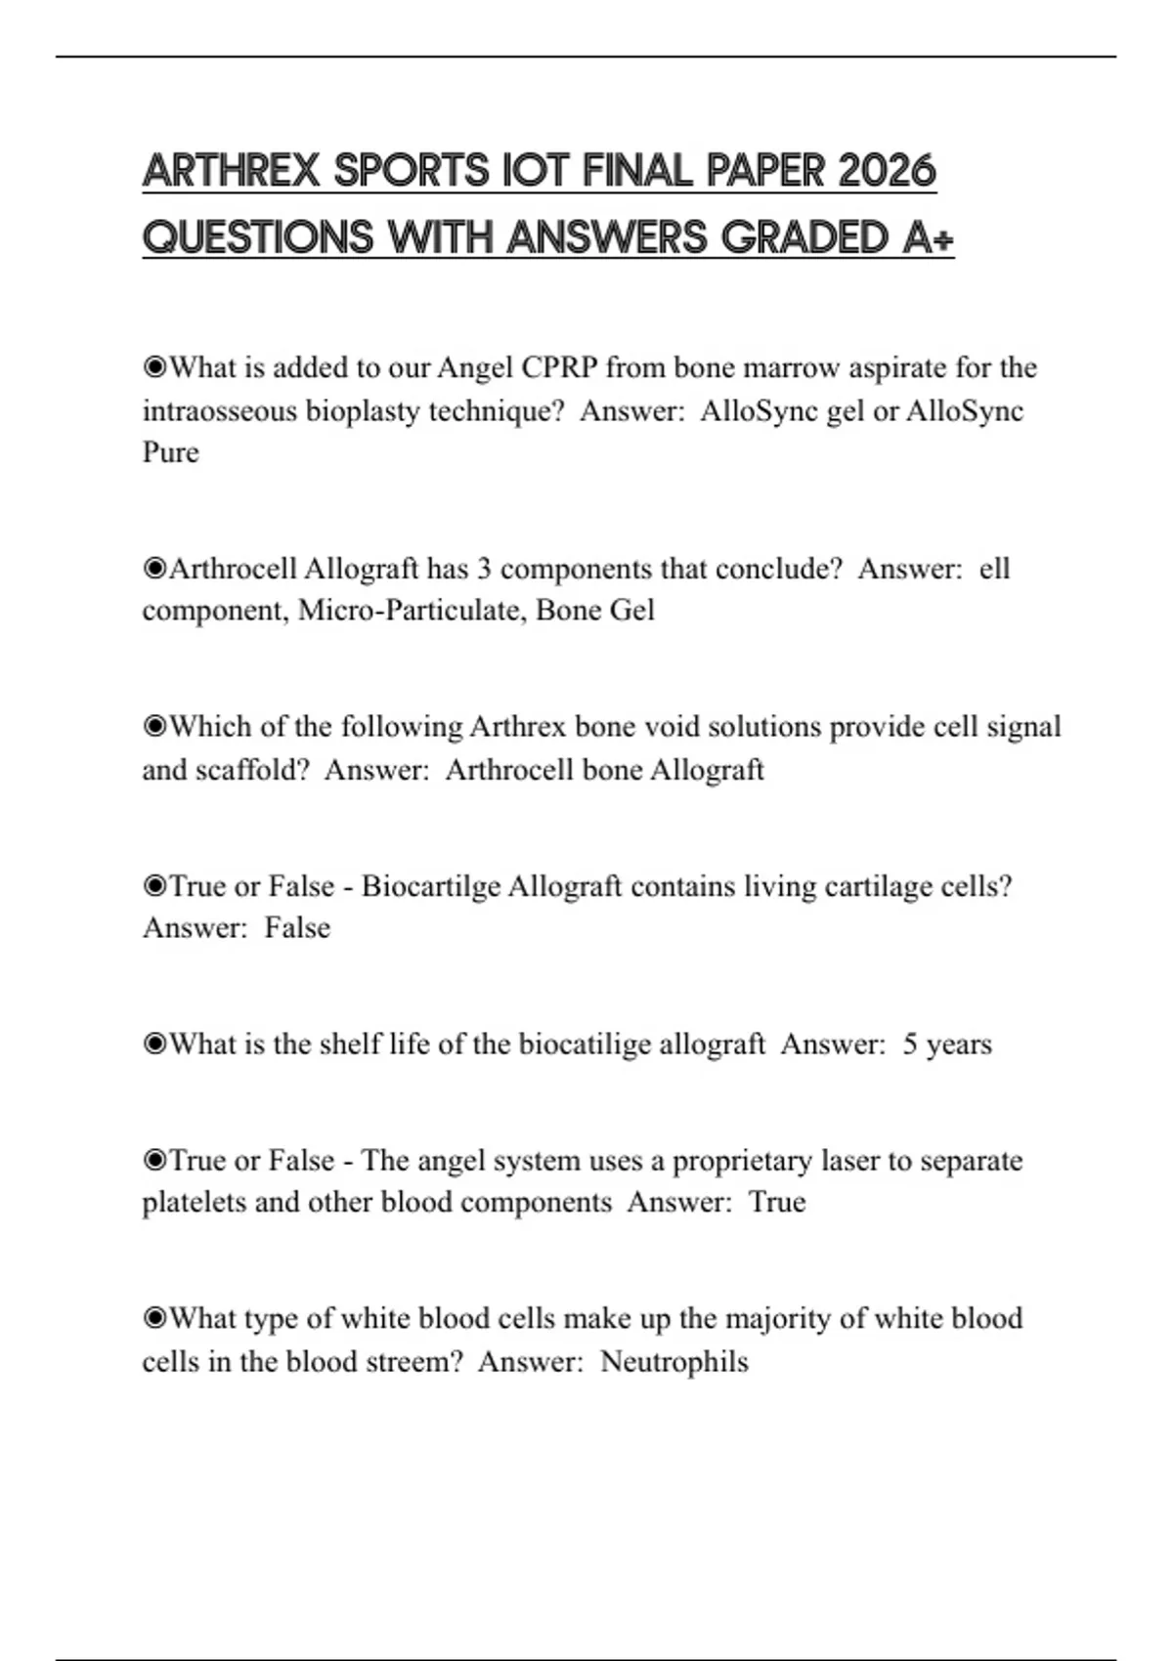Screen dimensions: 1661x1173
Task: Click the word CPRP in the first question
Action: pos(559,367)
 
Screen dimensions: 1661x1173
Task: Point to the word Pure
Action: pos(170,452)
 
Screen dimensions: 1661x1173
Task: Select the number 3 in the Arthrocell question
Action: pos(484,569)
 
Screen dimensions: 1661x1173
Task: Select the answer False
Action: pos(297,928)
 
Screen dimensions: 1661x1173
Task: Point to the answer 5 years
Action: pos(946,1044)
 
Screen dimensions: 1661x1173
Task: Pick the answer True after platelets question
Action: pos(777,1203)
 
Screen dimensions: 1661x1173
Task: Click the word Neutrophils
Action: pos(673,1362)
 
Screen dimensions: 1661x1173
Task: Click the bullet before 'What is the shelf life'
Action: pos(154,1044)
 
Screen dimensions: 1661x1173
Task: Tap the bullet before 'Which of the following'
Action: pos(154,727)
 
